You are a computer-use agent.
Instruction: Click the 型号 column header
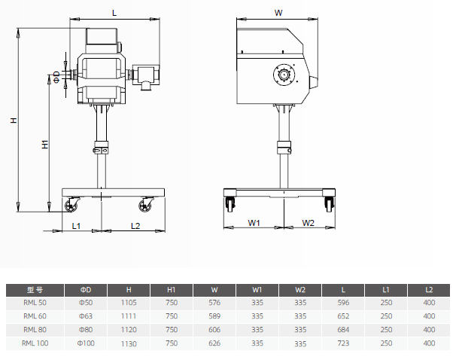click(x=35, y=290)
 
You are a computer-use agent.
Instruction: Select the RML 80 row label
click(x=35, y=330)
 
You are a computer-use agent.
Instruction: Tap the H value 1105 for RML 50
click(x=129, y=303)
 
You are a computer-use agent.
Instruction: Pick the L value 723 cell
click(x=343, y=343)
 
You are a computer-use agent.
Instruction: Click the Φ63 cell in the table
click(x=86, y=316)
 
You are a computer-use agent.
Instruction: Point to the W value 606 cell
click(x=214, y=330)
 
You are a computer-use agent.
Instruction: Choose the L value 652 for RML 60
click(x=343, y=316)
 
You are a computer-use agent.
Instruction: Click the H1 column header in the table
click(x=172, y=290)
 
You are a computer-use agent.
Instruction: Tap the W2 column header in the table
click(x=300, y=290)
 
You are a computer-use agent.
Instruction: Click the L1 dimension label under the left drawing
click(x=77, y=226)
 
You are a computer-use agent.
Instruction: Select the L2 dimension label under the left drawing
click(x=135, y=226)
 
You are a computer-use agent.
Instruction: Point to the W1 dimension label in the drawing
click(x=254, y=223)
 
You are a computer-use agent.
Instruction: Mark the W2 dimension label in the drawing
click(x=308, y=223)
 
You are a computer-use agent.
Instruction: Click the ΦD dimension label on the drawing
click(x=56, y=77)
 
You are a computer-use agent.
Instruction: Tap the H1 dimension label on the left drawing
click(x=45, y=144)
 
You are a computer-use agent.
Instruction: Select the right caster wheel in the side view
click(x=330, y=204)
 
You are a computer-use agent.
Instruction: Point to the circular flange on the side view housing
click(x=283, y=75)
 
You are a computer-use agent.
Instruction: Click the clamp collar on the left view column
click(x=101, y=148)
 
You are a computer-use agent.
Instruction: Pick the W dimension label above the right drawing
click(x=278, y=13)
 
